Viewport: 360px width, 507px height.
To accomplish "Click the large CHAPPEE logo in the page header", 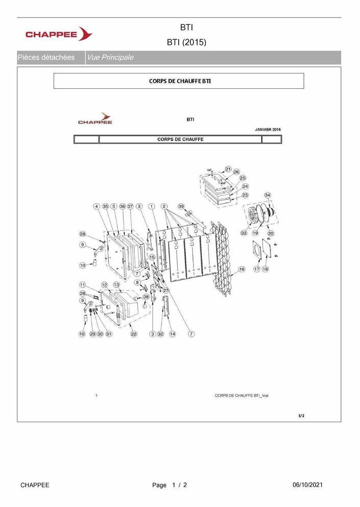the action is click(x=59, y=34).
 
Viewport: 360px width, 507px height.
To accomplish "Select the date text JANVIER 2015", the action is click(x=268, y=130).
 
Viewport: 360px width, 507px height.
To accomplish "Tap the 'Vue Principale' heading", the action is click(x=110, y=58).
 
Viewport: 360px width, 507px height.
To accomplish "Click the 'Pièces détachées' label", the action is click(x=46, y=58).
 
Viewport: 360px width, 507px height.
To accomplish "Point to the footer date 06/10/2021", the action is click(x=307, y=485).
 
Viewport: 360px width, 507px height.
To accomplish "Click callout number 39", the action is click(x=181, y=206).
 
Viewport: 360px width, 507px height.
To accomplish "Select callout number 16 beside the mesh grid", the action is click(x=242, y=269).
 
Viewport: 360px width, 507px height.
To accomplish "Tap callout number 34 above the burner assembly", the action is click(x=268, y=195).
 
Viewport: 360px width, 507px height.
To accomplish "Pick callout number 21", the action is click(x=228, y=169).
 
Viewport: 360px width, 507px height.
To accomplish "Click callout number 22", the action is click(x=134, y=334).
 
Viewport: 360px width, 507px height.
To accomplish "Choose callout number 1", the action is click(x=151, y=206).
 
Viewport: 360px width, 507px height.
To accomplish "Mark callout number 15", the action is click(x=152, y=257).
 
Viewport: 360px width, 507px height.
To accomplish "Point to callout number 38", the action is click(x=146, y=297).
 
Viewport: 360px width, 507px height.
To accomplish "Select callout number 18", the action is click(x=265, y=269).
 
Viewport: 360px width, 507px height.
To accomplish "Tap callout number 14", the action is click(x=173, y=334).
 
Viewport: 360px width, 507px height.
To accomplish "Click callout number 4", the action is click(x=97, y=206).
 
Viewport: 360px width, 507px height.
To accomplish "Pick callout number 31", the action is click(x=109, y=334).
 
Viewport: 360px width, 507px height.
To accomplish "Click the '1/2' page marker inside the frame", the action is click(x=301, y=416).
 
